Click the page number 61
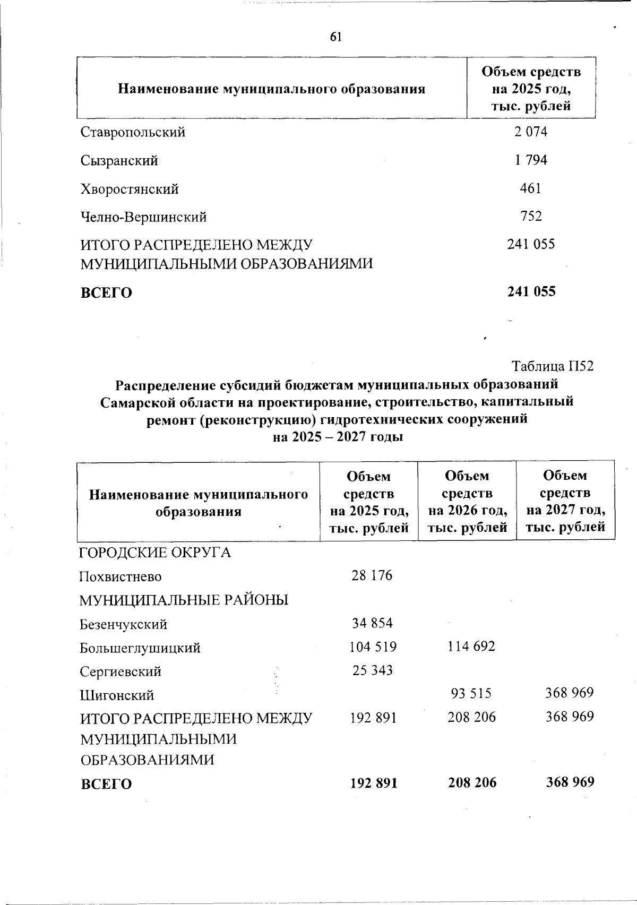pyautogui.click(x=335, y=37)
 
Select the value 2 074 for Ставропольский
pyautogui.click(x=530, y=132)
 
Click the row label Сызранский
pyautogui.click(x=119, y=160)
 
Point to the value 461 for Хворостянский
pyautogui.click(x=530, y=188)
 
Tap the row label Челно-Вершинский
pyautogui.click(x=143, y=217)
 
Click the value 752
pyautogui.click(x=531, y=216)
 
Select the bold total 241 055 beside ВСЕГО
pyautogui.click(x=531, y=291)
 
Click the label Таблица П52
pyautogui.click(x=552, y=366)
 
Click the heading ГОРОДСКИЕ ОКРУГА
pyautogui.click(x=155, y=553)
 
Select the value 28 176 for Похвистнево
pyautogui.click(x=372, y=575)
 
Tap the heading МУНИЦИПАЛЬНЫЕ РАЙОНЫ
pyautogui.click(x=184, y=600)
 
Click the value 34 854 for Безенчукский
pyautogui.click(x=372, y=623)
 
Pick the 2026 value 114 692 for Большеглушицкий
pyautogui.click(x=470, y=647)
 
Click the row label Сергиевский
pyautogui.click(x=120, y=671)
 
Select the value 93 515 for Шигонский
pyautogui.click(x=471, y=693)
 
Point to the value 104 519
pyautogui.click(x=373, y=647)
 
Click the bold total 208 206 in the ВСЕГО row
pyautogui.click(x=472, y=782)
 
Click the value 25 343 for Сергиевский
pyautogui.click(x=373, y=670)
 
